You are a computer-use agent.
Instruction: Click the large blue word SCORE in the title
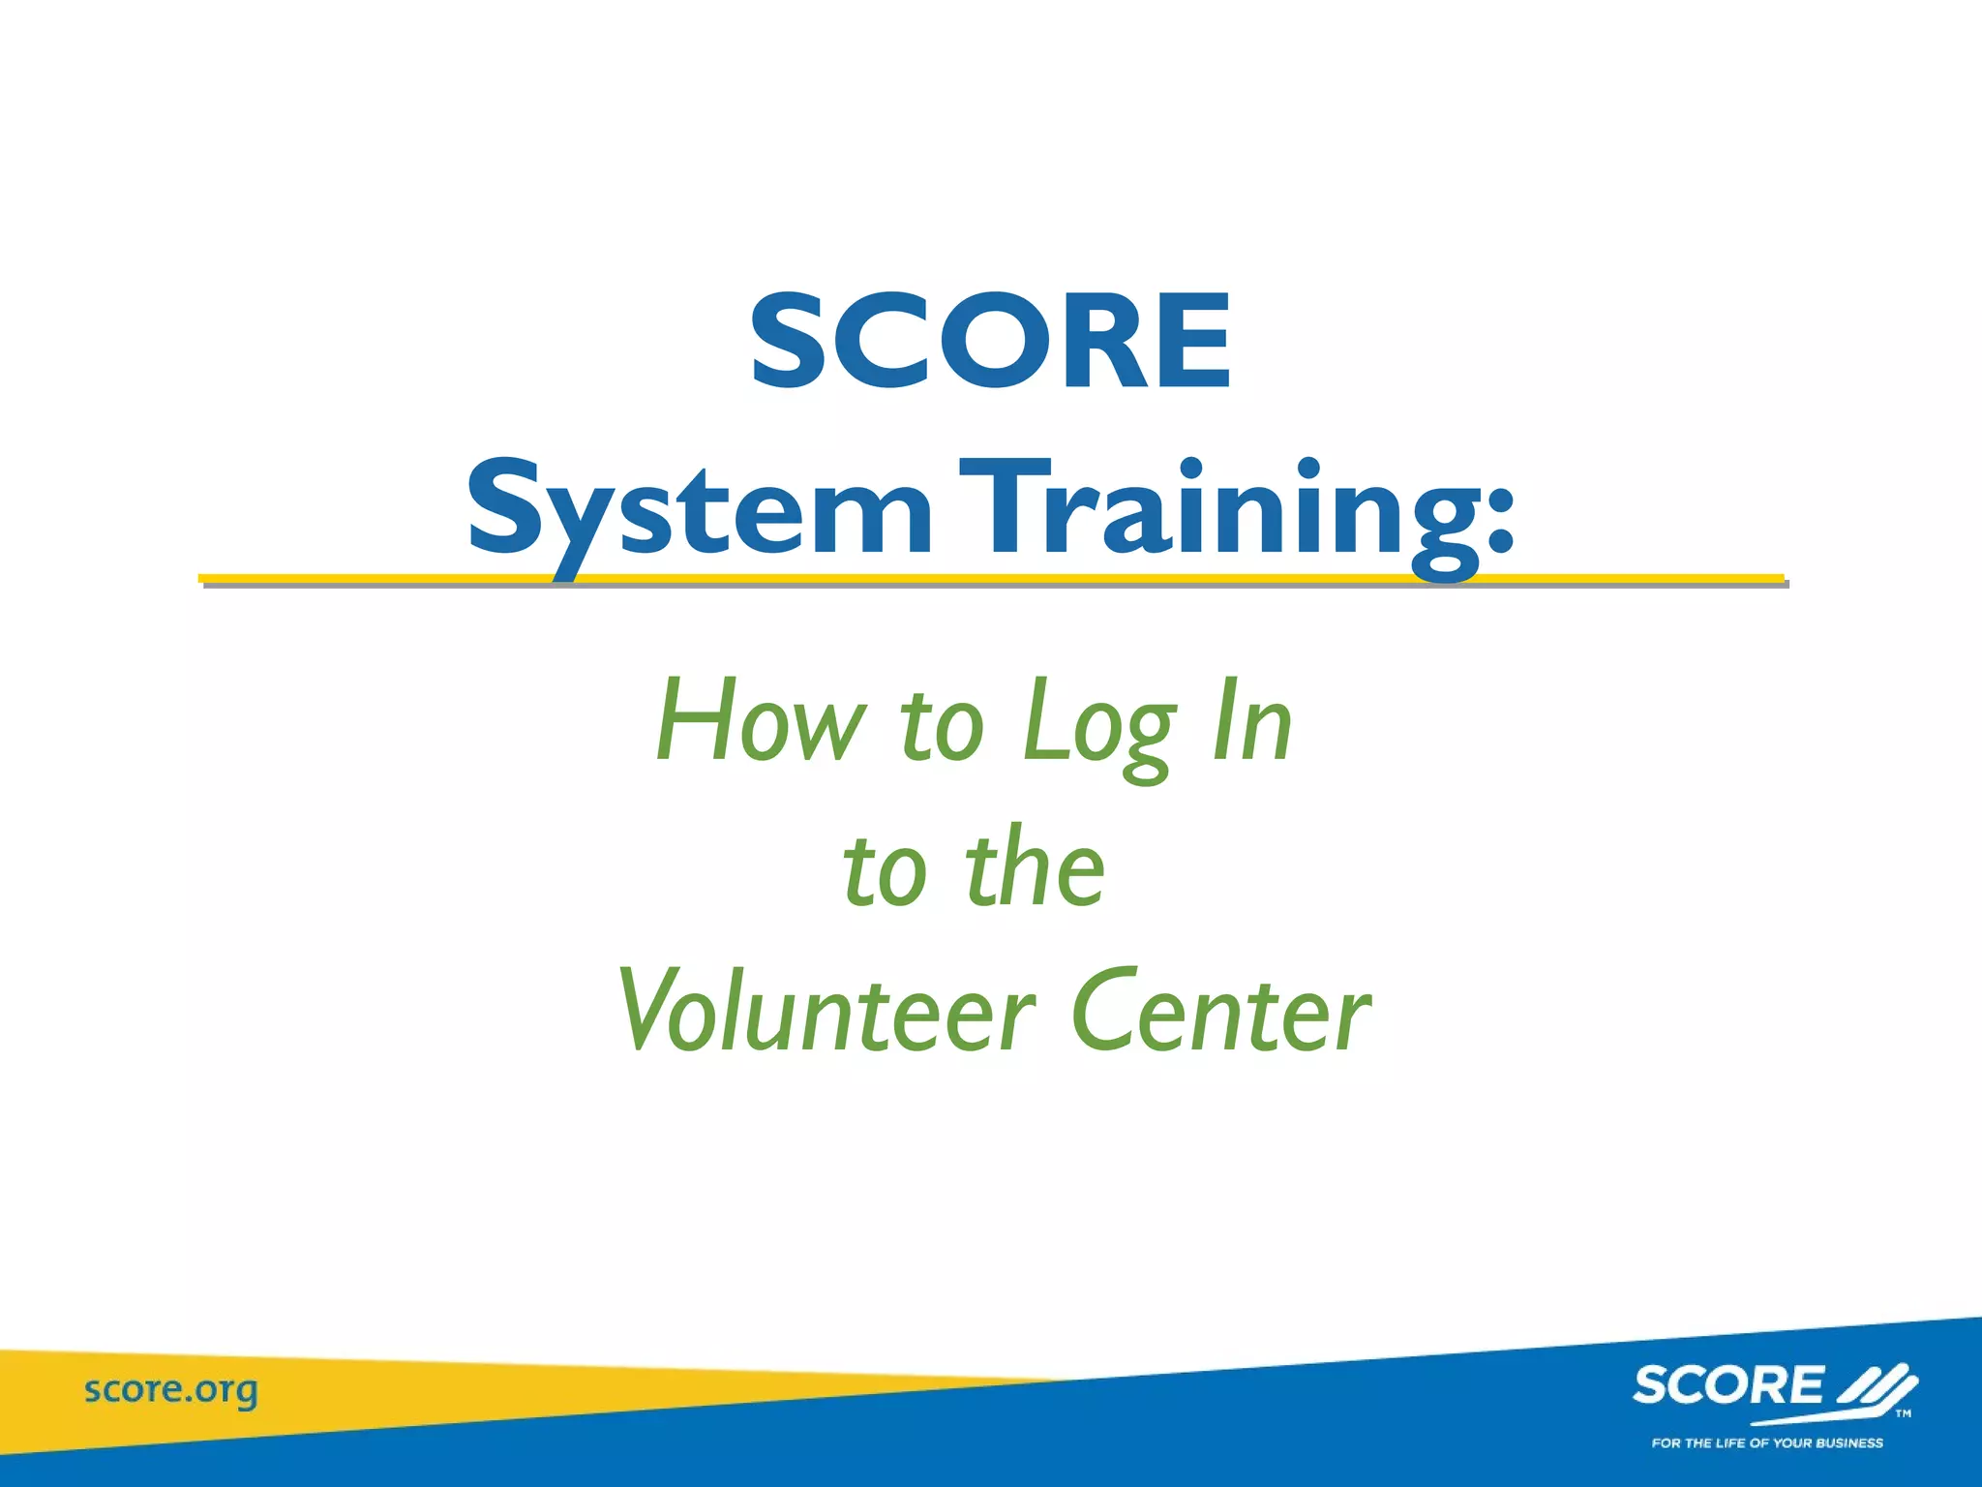pyautogui.click(x=991, y=343)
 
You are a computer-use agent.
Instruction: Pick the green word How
pyautogui.click(x=761, y=722)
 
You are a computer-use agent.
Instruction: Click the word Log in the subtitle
pyautogui.click(x=1099, y=726)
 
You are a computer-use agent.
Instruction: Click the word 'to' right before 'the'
pyautogui.click(x=886, y=868)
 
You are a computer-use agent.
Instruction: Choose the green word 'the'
pyautogui.click(x=1035, y=866)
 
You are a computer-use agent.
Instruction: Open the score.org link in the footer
pyautogui.click(x=171, y=1391)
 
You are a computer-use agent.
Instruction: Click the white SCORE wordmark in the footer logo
pyautogui.click(x=1727, y=1385)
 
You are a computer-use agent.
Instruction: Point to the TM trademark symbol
pyautogui.click(x=1903, y=1414)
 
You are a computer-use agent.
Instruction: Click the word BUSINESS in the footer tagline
pyautogui.click(x=1848, y=1443)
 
